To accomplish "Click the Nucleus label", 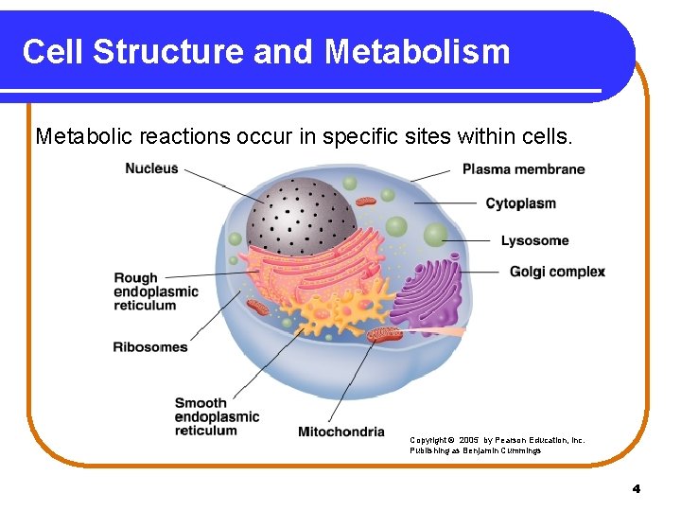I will [x=151, y=168].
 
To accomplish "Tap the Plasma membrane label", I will [x=523, y=169].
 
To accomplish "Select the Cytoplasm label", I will [x=520, y=203].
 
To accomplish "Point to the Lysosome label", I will [x=534, y=240].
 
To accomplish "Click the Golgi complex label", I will [x=557, y=272].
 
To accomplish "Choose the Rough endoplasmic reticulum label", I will [x=156, y=291].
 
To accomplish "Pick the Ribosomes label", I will [x=150, y=346].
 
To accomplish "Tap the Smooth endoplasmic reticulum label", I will [x=217, y=416].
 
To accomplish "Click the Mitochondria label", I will [x=341, y=432].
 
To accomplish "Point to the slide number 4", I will [x=636, y=488].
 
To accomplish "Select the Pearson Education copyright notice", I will [x=497, y=445].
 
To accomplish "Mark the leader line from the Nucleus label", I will [x=224, y=185].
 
